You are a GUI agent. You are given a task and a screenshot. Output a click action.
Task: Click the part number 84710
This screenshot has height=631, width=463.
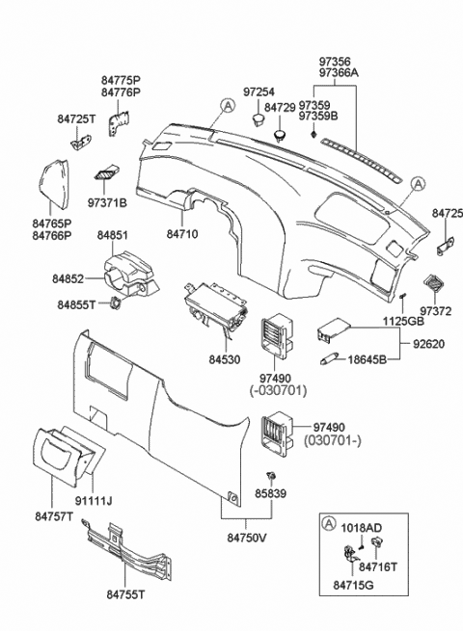[181, 233]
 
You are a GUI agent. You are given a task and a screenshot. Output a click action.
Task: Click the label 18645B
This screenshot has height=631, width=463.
[368, 359]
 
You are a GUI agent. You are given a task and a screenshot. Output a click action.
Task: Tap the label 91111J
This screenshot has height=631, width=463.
[95, 501]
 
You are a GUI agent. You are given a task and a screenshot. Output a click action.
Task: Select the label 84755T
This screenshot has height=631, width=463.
[125, 595]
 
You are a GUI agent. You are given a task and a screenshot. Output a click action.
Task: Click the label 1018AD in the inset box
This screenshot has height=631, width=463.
[361, 529]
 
